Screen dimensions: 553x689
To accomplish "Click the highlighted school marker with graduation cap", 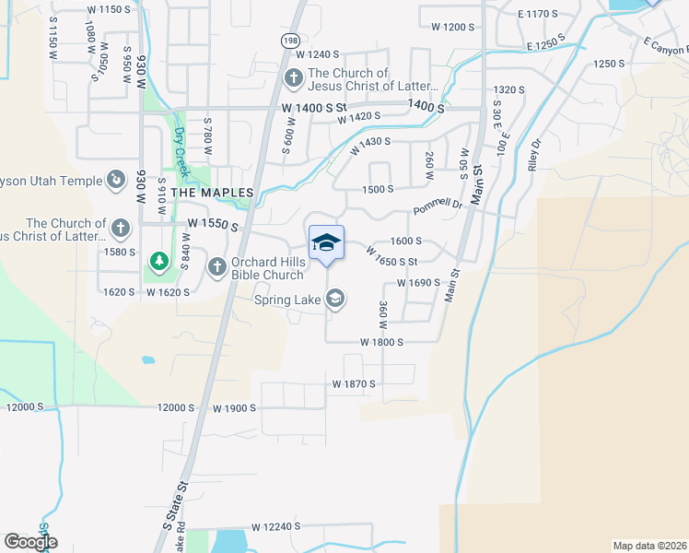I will coord(326,243).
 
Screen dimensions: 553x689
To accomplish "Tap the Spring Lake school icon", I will coord(336,298).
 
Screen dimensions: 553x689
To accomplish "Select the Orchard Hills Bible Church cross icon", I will coord(217,267).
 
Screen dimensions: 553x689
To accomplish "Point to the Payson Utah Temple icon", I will coord(117,181).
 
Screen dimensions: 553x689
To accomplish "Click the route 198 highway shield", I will coord(291,41).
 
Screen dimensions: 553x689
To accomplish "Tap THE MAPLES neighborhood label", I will coord(212,193).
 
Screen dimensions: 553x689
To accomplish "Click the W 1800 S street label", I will coord(382,341).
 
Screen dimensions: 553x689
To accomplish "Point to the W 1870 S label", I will coord(355,383).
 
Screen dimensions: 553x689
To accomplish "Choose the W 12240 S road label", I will coord(275,525).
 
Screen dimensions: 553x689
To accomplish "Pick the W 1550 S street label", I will coord(213,225).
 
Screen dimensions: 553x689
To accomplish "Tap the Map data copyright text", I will coord(650,546).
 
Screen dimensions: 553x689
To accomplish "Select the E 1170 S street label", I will coord(539,14).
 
